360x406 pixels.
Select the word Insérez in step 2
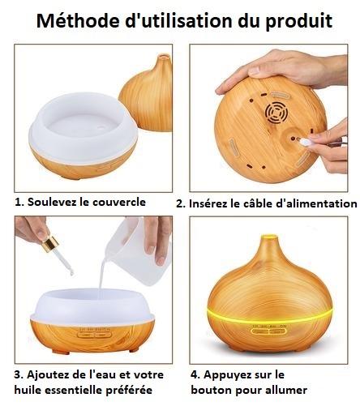coord(212,203)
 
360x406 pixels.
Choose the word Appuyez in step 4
coord(228,374)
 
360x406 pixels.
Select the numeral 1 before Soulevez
coord(18,202)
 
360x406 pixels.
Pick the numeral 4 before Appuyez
coord(195,374)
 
